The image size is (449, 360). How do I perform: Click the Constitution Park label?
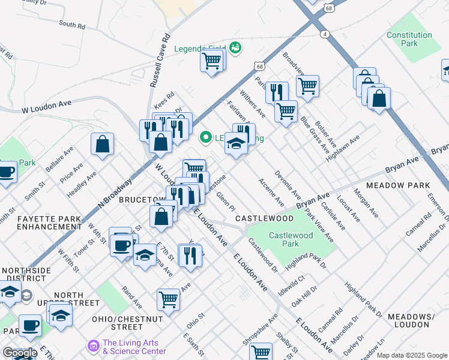409,39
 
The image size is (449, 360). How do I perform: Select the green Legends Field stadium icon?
236,48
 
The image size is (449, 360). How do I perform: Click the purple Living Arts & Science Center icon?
92,346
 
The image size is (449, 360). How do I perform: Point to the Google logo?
19,353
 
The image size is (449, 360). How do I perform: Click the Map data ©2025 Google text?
412,355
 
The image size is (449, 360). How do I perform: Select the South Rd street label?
72,25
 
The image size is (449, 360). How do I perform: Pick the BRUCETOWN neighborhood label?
141,199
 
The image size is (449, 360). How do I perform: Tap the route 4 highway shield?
325,34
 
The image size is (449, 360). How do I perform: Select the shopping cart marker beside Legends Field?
212,60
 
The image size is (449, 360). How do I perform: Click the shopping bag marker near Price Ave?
103,144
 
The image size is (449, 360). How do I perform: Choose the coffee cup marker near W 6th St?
122,245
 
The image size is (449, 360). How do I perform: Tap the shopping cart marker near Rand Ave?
169,298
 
